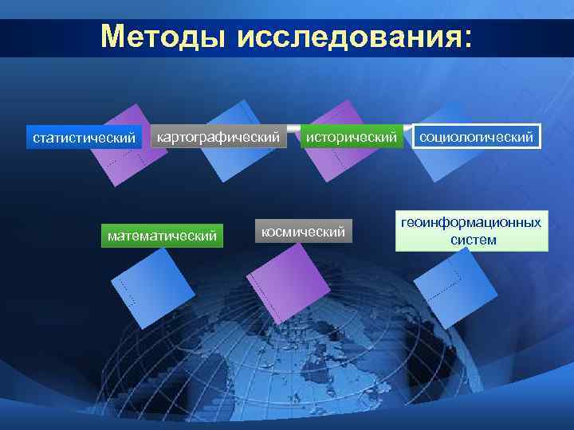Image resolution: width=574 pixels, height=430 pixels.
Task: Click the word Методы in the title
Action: (x=163, y=37)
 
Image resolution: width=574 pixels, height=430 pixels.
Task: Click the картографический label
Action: (x=218, y=137)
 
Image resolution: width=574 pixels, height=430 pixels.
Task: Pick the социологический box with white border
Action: (x=477, y=137)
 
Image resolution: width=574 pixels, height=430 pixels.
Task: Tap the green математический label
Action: (x=163, y=236)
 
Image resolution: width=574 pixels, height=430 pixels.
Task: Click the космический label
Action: (x=304, y=233)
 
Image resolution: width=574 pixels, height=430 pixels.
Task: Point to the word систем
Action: (x=472, y=240)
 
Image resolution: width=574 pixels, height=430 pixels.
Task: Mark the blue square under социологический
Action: (x=450, y=163)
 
